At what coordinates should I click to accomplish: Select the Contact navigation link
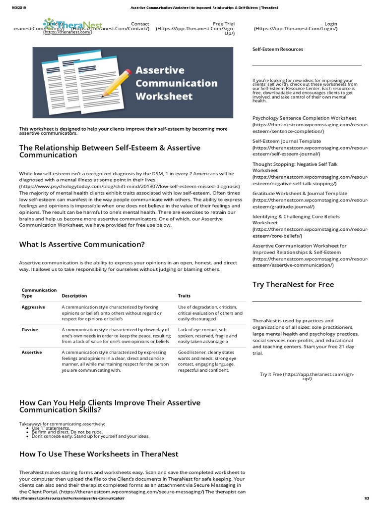coord(140,24)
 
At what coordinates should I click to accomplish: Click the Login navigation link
coord(330,24)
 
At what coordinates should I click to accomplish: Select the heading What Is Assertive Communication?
coord(82,245)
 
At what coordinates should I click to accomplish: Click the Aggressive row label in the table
coord(33,307)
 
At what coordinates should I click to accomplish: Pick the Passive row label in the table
coord(30,330)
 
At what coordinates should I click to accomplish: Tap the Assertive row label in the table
coord(32,353)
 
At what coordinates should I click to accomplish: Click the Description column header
coord(74,296)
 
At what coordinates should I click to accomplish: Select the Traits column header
coord(184,296)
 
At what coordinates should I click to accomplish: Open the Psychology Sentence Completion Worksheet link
coord(304,118)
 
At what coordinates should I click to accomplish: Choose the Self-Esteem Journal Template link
coord(287,141)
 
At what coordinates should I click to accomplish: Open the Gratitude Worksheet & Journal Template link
coord(300,194)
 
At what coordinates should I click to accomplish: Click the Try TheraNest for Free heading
coord(293,285)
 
